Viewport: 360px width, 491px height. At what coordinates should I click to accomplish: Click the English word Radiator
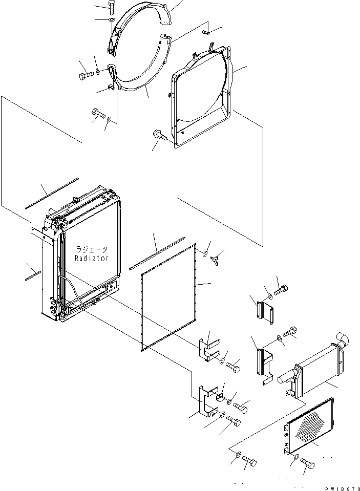tap(92, 259)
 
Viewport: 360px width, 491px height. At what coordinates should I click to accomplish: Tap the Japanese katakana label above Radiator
tap(92, 250)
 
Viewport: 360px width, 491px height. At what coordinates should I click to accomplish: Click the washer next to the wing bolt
tap(205, 253)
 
